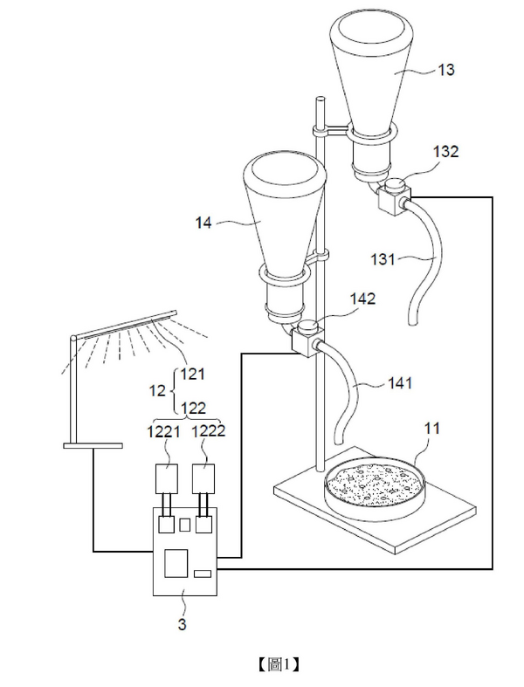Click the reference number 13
coord(445,71)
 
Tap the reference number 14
coord(203,223)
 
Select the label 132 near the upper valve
coord(445,151)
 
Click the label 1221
coord(165,430)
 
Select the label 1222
coord(210,430)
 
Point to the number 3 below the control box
coord(183,624)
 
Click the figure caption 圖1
coord(279,664)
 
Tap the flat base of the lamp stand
coord(92,445)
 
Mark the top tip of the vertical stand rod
coord(321,101)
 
